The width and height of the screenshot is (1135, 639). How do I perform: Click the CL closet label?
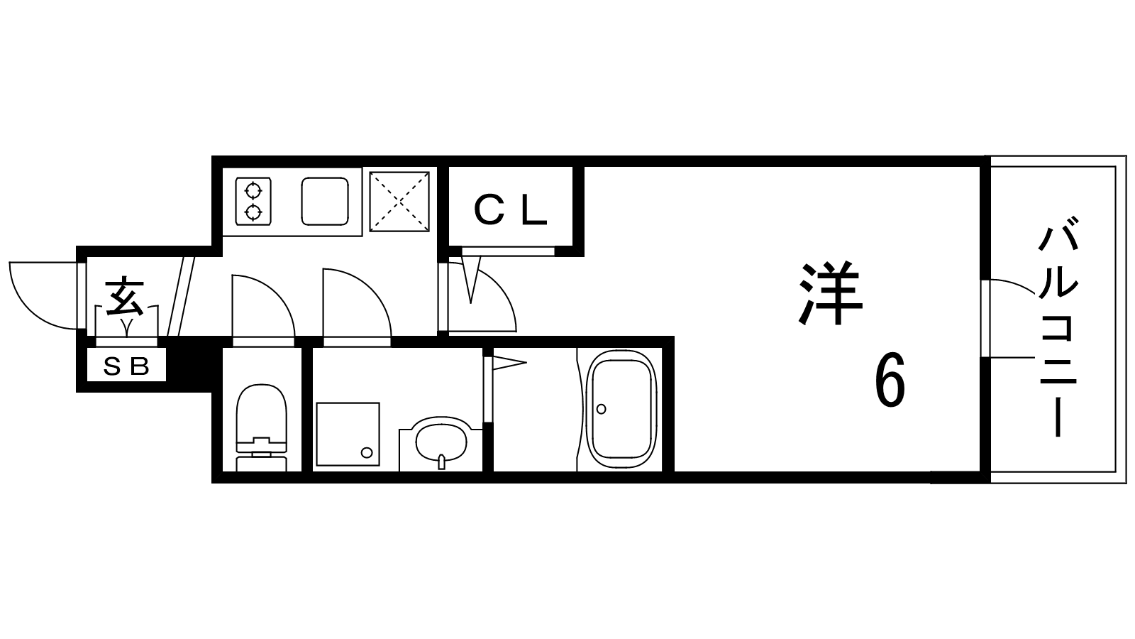[511, 210]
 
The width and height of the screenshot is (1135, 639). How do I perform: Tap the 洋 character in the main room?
[831, 294]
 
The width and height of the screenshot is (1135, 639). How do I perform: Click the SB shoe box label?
[127, 366]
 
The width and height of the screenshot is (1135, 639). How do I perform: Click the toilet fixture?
[261, 426]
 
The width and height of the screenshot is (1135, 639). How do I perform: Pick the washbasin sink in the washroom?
[441, 444]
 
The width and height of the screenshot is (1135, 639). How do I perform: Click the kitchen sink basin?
[325, 201]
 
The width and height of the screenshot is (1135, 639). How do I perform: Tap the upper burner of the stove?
[253, 190]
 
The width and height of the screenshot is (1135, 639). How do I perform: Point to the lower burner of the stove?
[253, 212]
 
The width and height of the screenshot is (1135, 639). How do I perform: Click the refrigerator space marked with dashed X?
[400, 202]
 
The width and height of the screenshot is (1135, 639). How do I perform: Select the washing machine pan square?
[347, 433]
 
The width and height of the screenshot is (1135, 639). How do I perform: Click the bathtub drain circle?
[602, 409]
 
